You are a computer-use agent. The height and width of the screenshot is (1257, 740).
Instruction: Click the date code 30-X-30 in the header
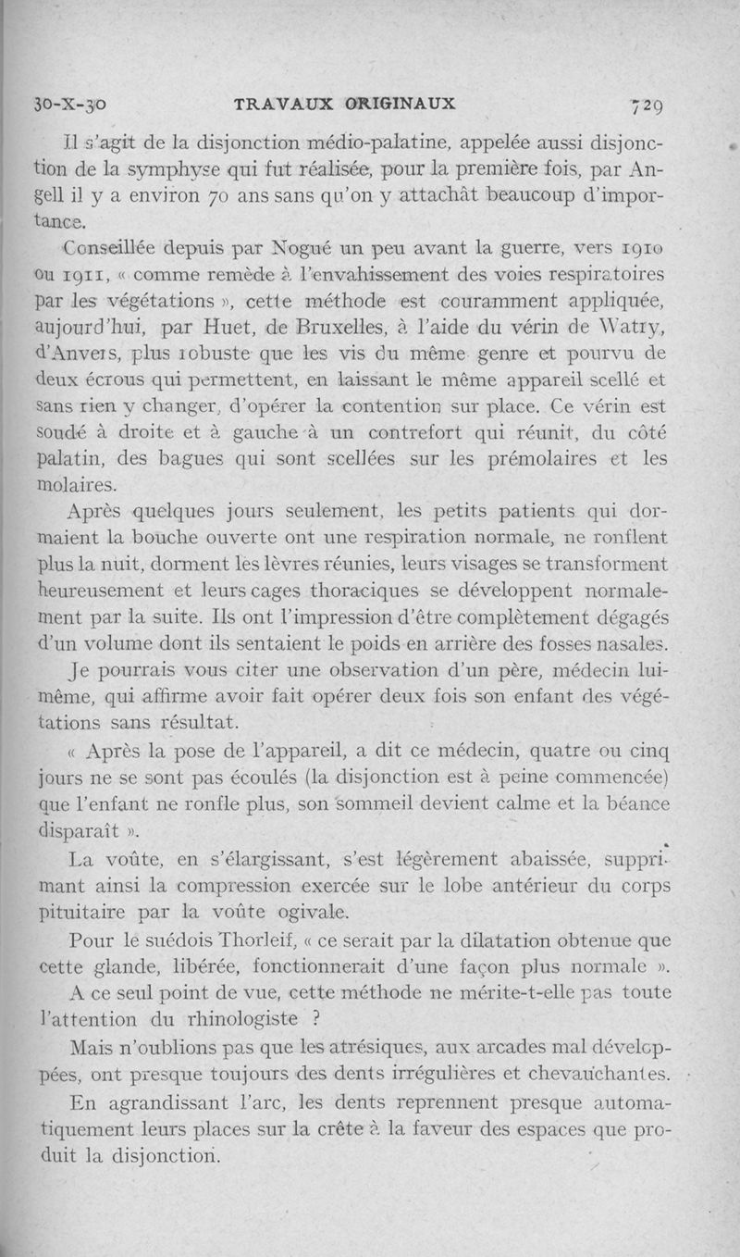(69, 104)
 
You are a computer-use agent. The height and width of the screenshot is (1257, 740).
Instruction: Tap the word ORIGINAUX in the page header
(401, 104)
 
